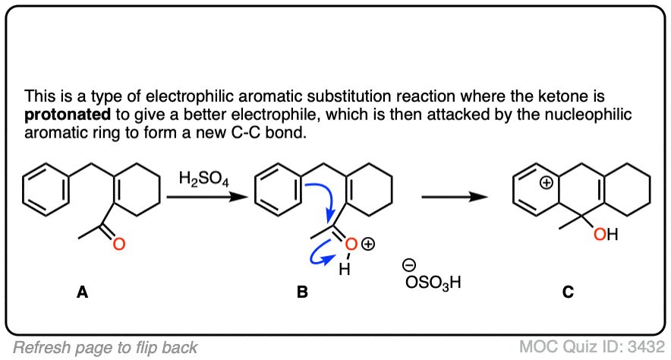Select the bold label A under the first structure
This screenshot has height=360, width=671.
tap(81, 291)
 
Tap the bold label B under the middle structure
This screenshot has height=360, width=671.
tap(302, 291)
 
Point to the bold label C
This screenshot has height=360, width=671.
tap(568, 291)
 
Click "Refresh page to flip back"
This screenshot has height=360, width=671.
tap(106, 347)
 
